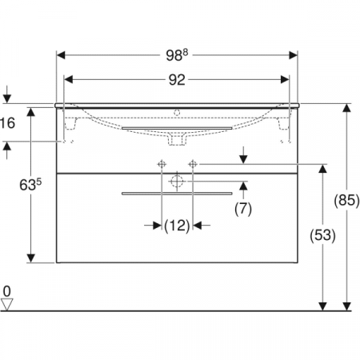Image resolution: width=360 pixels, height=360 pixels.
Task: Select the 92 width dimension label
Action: click(177, 80)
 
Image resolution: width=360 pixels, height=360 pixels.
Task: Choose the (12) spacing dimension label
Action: click(177, 226)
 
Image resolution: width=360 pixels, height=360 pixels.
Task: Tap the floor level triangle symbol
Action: click(8, 304)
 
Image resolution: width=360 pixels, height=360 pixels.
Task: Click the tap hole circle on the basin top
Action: click(178, 112)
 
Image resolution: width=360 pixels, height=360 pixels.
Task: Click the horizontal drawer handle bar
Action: click(177, 193)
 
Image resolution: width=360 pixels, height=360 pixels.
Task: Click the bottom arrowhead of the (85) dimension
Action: click(348, 306)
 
